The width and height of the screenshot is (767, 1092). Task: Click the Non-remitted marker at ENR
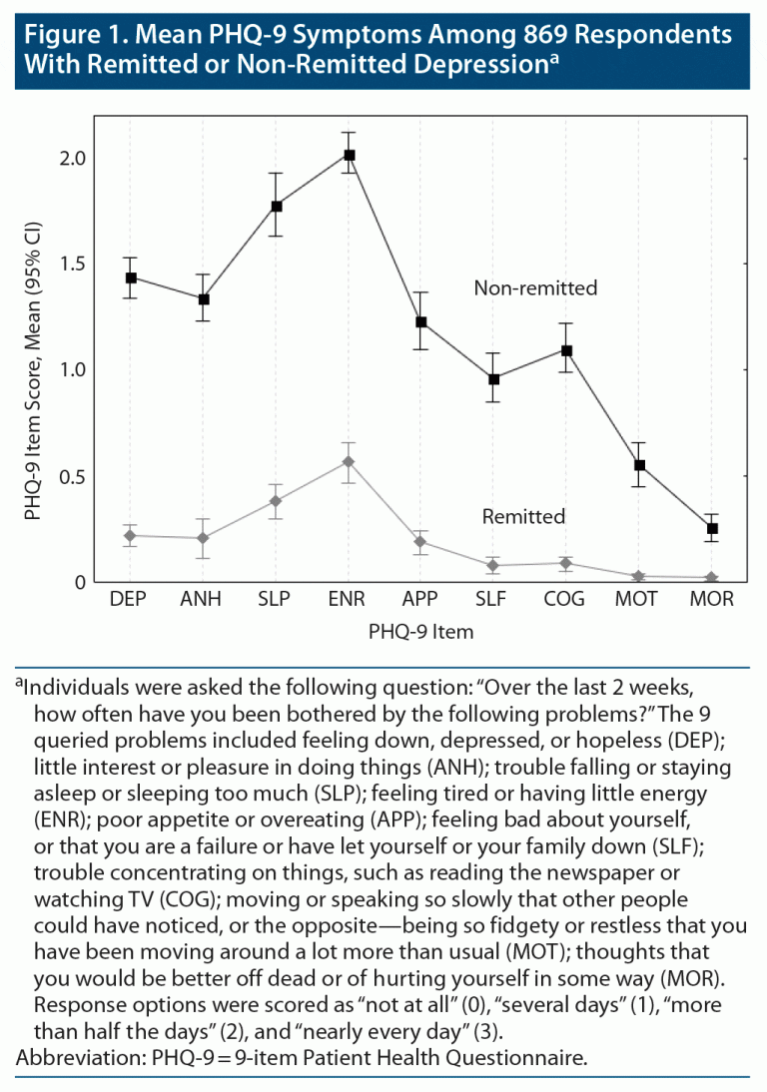pos(350,155)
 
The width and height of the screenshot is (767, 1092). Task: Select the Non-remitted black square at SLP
pos(277,206)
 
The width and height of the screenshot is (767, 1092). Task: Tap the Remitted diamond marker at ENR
pos(350,461)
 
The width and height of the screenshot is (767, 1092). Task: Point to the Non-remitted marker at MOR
pos(712,528)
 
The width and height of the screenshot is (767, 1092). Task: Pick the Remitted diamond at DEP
pos(131,536)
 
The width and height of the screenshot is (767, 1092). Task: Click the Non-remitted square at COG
pos(566,350)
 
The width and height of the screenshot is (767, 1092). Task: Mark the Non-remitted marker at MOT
pos(639,465)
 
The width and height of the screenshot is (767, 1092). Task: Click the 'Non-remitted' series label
pos(535,288)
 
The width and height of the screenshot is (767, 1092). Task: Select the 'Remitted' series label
pos(523,517)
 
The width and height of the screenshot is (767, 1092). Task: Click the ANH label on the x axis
pos(203,600)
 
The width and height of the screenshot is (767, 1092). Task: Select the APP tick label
pos(420,600)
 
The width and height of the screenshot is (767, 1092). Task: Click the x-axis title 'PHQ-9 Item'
pos(420,632)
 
